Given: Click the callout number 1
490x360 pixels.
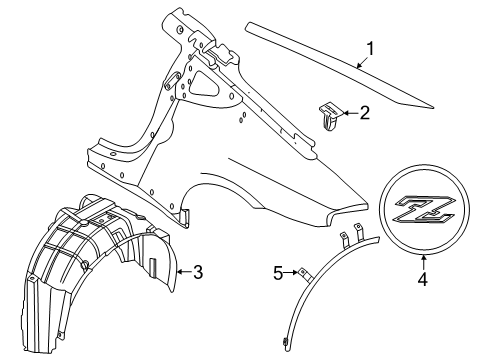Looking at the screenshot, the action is coord(370,49).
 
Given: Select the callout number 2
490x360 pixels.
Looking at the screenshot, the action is coord(365,113).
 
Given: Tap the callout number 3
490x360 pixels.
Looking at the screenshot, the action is coord(198,272).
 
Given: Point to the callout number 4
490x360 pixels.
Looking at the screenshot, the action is coord(422,279).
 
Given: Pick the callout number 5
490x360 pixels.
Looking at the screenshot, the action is coord(278,274).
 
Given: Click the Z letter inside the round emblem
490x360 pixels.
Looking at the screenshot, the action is coord(424,209).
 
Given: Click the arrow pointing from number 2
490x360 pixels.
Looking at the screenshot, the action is coord(350,113).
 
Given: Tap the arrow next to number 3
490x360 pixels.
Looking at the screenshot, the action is coord(184,272).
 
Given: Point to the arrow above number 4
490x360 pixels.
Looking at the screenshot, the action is coord(423,262).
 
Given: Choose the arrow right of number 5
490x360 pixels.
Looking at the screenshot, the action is coord(290,273).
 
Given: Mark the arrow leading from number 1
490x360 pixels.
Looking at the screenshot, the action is coord(362,62).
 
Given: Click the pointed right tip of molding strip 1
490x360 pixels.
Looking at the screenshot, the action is coord(433,108).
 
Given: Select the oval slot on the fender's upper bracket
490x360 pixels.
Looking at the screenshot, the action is coord(173,80).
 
